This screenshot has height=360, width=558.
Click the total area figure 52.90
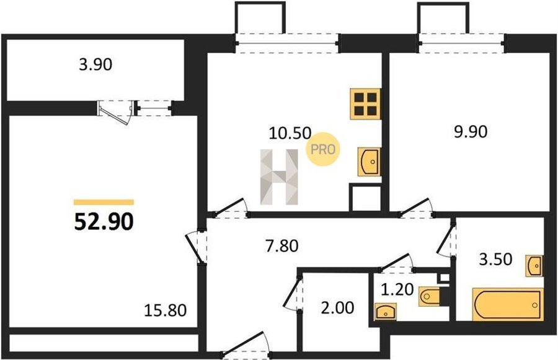[x=104, y=221]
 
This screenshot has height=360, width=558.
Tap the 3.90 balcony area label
[x=95, y=64]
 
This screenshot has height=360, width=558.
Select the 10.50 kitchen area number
[x=290, y=133]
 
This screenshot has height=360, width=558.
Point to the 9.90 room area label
[x=471, y=131]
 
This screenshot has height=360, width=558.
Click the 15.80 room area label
[x=165, y=310]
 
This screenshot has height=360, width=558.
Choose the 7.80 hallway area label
[x=282, y=246]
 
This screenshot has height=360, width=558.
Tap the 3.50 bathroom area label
[x=496, y=260]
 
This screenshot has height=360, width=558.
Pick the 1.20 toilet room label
[x=397, y=290]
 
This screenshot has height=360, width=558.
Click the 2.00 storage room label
[x=337, y=308]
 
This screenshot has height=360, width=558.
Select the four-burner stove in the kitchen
[x=365, y=104]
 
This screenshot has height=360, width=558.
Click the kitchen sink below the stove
[x=370, y=162]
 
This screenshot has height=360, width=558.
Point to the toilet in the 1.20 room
[x=430, y=296]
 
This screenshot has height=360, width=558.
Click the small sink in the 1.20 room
[x=386, y=312]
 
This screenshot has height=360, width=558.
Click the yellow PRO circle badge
[x=323, y=149]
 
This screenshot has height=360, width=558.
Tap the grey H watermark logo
[x=279, y=177]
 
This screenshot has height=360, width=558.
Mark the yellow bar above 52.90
[x=104, y=203]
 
